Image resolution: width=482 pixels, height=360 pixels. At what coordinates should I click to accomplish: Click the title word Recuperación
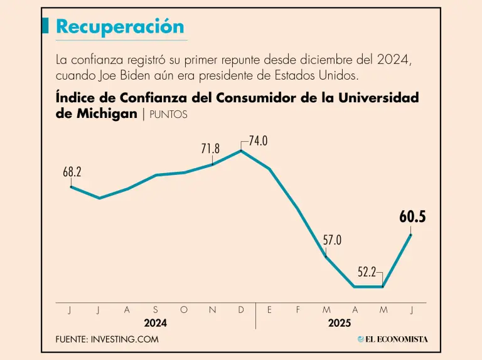(x=120, y=26)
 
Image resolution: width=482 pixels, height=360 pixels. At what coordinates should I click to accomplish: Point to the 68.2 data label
(x=72, y=171)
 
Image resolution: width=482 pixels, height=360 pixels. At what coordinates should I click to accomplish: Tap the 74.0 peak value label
(x=258, y=141)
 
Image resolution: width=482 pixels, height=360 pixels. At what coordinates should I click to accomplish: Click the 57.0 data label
(x=333, y=240)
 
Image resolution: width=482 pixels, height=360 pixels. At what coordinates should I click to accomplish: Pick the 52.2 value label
(x=367, y=272)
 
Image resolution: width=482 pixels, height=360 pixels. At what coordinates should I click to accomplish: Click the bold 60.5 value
(x=412, y=218)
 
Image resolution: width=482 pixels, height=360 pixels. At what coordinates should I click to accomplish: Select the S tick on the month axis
(x=156, y=310)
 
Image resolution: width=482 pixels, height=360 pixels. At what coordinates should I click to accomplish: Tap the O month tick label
(x=184, y=310)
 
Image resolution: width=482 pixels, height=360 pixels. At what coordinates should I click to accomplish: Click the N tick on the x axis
(x=212, y=310)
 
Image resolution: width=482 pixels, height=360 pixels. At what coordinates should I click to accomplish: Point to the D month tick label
(x=241, y=310)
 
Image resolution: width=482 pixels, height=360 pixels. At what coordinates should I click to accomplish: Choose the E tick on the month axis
(x=269, y=310)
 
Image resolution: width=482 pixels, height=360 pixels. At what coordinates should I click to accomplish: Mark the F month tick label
(x=298, y=310)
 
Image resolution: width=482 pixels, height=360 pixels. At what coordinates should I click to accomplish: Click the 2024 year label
(x=156, y=323)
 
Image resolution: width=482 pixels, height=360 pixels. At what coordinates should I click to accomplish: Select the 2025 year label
(x=340, y=323)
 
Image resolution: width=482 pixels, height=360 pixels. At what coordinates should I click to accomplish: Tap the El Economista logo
(x=393, y=339)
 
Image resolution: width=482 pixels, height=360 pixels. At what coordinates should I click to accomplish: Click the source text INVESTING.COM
(x=125, y=339)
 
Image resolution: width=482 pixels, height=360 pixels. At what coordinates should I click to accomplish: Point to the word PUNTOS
(x=168, y=115)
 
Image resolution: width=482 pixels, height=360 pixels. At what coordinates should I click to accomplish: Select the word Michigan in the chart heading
(x=105, y=114)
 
